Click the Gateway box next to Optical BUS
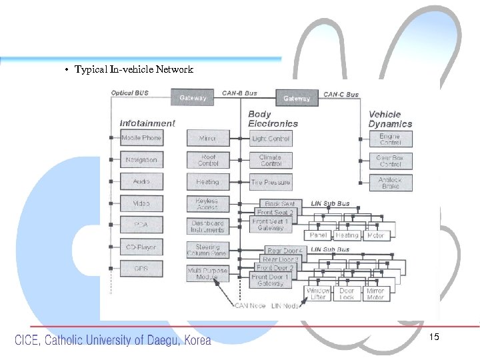(193, 98)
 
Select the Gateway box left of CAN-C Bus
(297, 98)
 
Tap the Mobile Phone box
(141, 138)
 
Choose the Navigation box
(141, 160)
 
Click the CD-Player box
(141, 247)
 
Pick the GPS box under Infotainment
(141, 269)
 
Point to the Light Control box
(271, 139)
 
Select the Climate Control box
(271, 160)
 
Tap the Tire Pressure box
(271, 182)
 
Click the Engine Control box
(391, 139)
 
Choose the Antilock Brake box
(391, 183)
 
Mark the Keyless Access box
(207, 203)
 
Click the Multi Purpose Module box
(207, 273)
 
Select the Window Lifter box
(317, 294)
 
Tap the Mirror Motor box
(375, 294)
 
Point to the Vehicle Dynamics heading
(390, 119)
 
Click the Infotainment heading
(147, 123)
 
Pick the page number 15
(434, 337)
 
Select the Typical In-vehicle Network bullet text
(134, 69)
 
